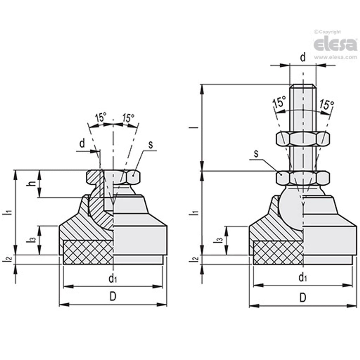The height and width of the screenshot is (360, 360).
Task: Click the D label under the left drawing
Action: click(x=113, y=297)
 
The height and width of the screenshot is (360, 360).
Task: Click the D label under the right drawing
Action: click(x=302, y=297)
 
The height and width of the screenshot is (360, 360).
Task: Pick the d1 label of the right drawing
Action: click(x=303, y=278)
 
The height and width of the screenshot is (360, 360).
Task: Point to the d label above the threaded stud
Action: click(x=302, y=57)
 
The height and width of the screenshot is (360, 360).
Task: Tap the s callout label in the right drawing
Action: click(x=256, y=153)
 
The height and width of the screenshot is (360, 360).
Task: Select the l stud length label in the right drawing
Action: click(x=195, y=128)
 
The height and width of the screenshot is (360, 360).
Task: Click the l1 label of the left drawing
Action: click(x=9, y=212)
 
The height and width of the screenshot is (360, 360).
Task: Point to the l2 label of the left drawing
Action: click(x=9, y=259)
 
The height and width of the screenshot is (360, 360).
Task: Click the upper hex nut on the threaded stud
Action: click(x=303, y=138)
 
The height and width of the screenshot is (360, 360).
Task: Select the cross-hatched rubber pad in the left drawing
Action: click(x=88, y=252)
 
